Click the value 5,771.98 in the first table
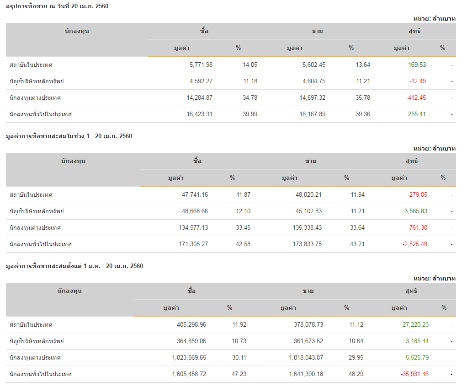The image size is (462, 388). tap(201, 65)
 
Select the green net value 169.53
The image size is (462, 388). tap(417, 65)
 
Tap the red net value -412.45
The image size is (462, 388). tap(416, 98)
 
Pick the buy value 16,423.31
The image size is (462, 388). tap(199, 114)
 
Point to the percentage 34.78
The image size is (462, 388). tap(250, 98)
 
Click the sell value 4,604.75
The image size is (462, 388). tap(314, 81)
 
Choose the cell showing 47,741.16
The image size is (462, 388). tap(195, 195)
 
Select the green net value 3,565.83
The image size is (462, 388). tap(416, 211)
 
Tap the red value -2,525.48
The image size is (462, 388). tap(415, 244)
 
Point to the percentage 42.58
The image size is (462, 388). tap(243, 244)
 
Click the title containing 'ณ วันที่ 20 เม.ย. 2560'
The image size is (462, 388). tap(57, 6)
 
